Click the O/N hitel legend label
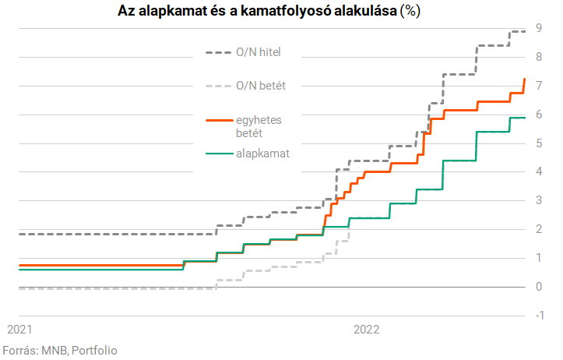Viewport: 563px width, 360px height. (258, 52)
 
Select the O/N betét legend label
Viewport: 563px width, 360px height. (260, 86)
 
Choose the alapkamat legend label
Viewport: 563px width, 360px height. (262, 154)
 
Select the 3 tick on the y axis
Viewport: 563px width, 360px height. (540, 200)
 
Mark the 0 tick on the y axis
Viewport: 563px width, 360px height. (540, 287)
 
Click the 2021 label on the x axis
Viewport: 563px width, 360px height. (19, 329)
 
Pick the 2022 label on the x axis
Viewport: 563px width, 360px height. (366, 329)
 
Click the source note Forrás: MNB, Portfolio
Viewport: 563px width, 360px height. (60, 350)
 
